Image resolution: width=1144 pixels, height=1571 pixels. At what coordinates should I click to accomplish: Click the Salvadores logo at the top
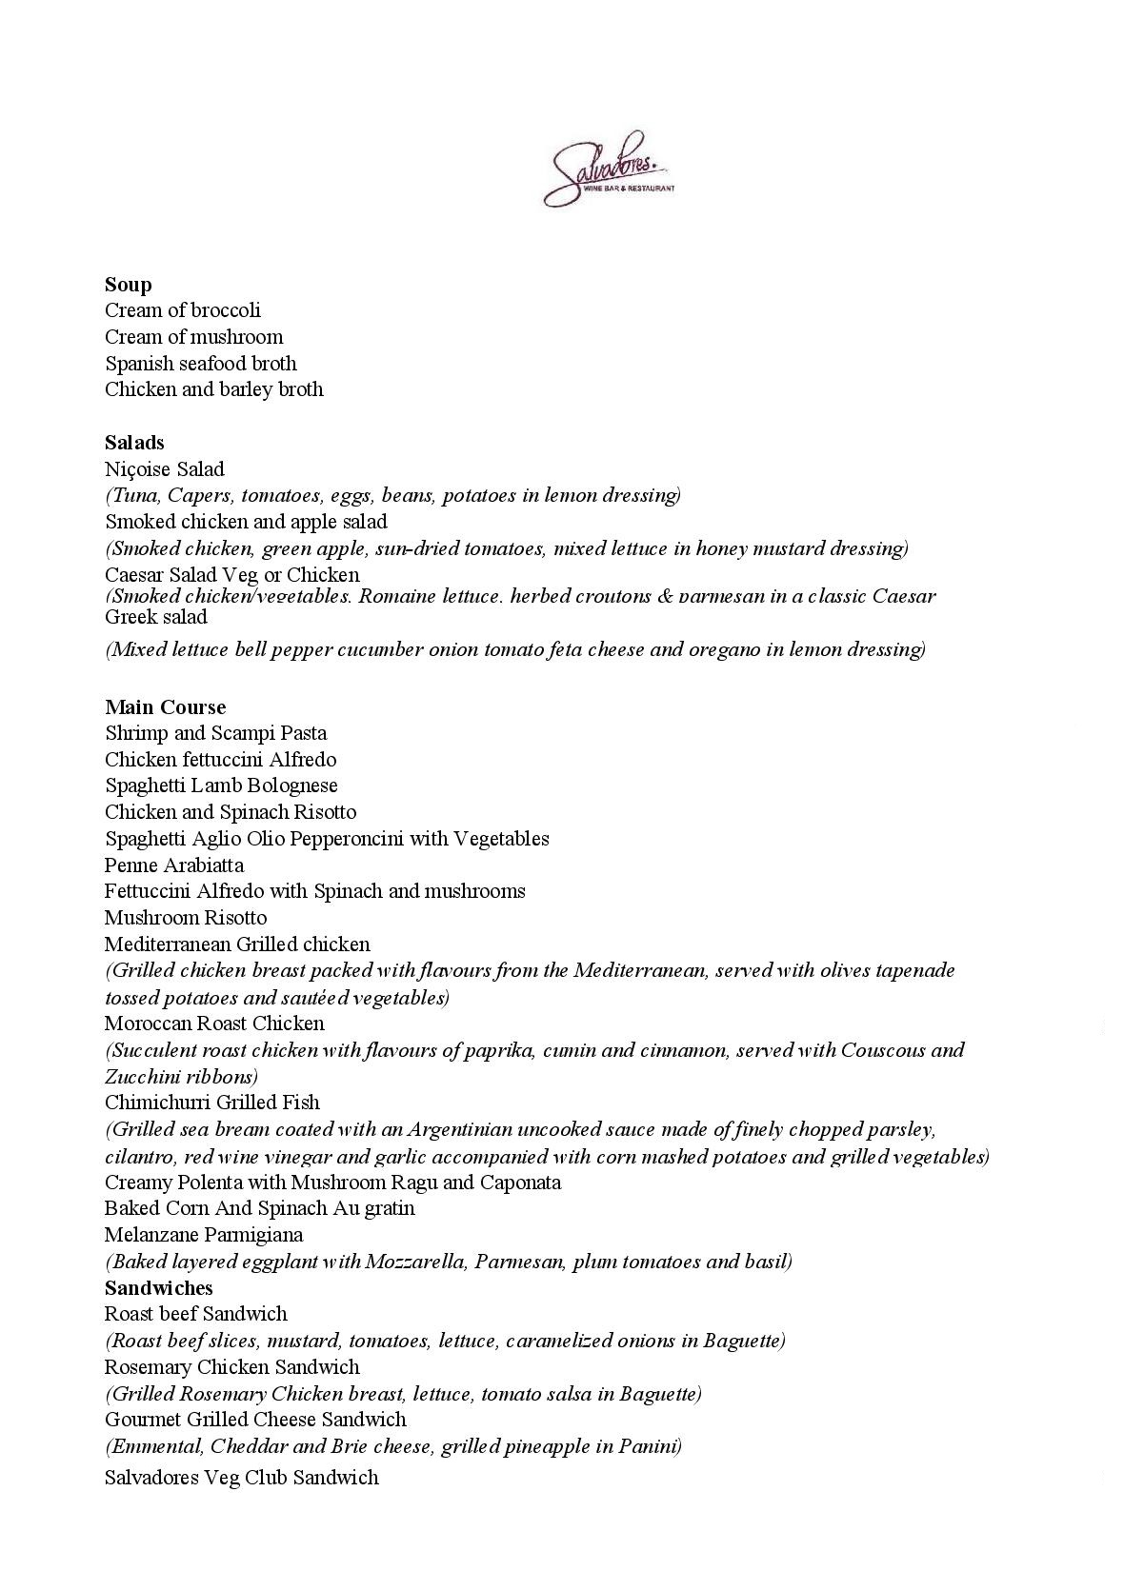(x=609, y=170)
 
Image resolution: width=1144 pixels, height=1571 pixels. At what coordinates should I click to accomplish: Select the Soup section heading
(x=129, y=285)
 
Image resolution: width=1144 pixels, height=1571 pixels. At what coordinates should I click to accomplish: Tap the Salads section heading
(x=134, y=443)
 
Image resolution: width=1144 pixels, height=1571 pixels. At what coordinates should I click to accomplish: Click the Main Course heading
(x=166, y=707)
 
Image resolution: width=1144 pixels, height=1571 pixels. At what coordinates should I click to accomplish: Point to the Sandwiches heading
(x=159, y=1288)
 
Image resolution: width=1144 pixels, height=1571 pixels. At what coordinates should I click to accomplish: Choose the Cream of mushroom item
(x=193, y=337)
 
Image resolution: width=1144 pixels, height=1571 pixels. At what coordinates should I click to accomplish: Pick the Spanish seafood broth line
(x=201, y=364)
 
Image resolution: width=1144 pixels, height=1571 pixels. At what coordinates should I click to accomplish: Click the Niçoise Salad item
(x=165, y=469)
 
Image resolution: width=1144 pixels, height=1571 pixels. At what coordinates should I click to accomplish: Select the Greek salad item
(x=156, y=617)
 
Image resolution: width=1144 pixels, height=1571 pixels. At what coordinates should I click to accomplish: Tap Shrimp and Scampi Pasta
(x=216, y=733)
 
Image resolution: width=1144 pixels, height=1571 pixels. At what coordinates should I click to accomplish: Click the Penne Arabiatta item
(x=174, y=865)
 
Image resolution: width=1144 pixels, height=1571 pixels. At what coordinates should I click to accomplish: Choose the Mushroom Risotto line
(x=186, y=918)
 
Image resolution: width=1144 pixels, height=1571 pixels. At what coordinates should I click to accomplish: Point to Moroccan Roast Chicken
(x=214, y=1024)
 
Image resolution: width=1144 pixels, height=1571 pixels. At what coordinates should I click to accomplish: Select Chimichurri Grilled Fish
(x=212, y=1103)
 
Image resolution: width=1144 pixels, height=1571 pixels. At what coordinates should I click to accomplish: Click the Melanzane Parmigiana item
(x=204, y=1235)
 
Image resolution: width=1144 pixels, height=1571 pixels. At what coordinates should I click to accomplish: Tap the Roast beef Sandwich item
(x=196, y=1314)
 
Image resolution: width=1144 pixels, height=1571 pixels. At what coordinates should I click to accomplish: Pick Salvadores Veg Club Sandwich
(x=242, y=1478)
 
